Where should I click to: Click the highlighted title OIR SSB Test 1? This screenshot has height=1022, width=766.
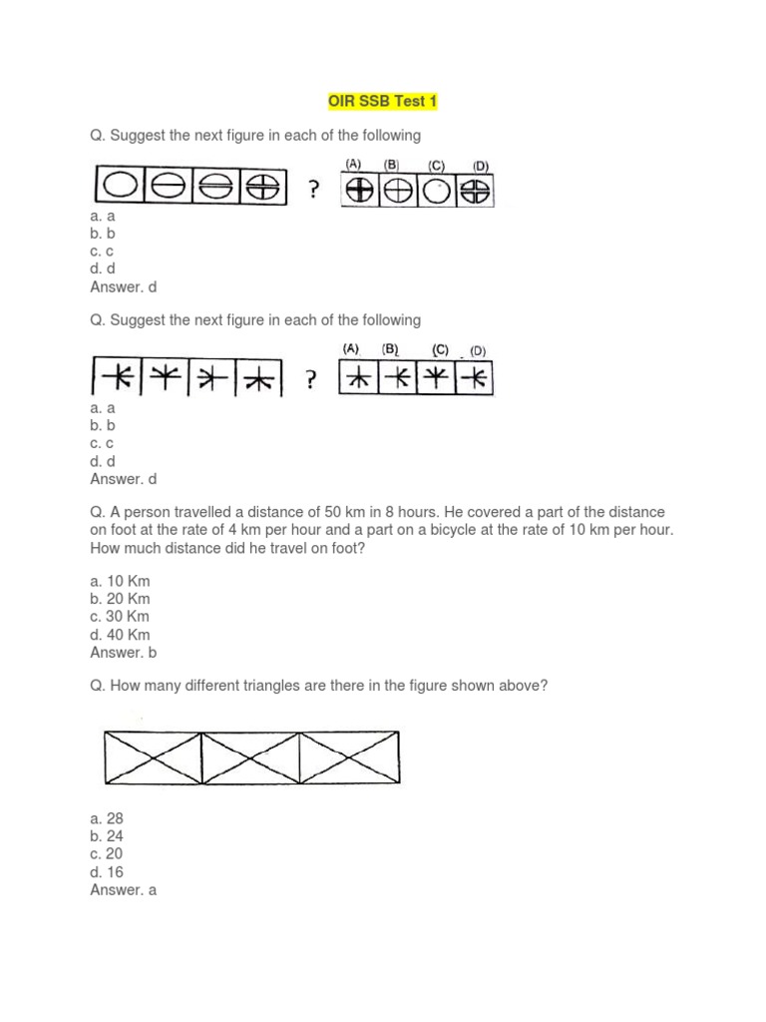tap(382, 102)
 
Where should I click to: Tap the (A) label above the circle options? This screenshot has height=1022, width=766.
tap(352, 165)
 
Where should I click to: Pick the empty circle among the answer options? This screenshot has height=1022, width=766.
tap(435, 190)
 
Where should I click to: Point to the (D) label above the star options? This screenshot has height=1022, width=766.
tap(479, 350)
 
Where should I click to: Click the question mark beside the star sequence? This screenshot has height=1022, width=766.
tap(312, 379)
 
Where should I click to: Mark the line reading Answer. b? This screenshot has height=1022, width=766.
tap(124, 653)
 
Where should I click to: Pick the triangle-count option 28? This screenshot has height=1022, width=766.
tap(106, 818)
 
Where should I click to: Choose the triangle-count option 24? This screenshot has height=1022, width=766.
tap(106, 836)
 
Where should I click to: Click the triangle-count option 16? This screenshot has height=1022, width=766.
tap(106, 872)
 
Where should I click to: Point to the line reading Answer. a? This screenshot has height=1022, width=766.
tap(124, 890)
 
